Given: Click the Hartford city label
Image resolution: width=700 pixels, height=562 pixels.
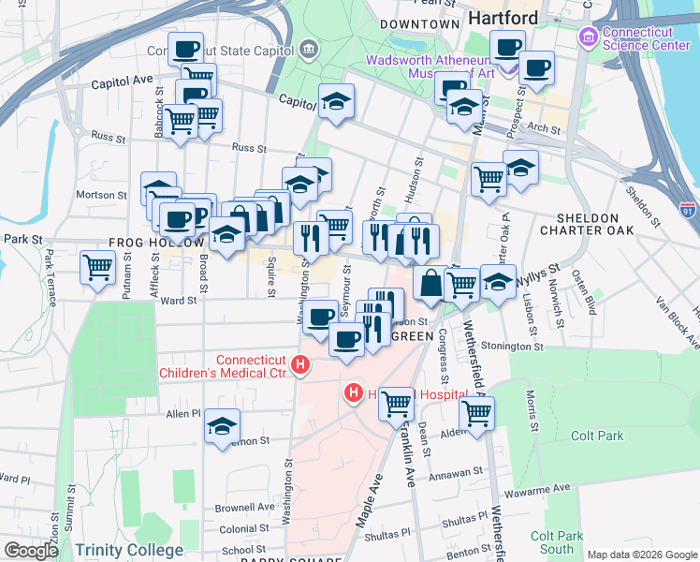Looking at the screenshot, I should point(503,19).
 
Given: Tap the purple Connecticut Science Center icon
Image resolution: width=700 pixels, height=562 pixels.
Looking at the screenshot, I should point(588,37).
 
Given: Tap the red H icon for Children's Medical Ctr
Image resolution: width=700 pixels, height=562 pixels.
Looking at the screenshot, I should point(300,365).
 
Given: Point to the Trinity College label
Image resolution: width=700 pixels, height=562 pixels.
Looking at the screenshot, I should point(129,550).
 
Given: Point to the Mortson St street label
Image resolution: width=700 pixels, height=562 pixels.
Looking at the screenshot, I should point(101,195).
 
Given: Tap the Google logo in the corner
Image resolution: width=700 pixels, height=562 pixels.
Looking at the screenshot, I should point(32,550).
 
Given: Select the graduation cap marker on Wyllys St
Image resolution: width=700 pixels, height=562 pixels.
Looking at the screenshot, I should point(498,281).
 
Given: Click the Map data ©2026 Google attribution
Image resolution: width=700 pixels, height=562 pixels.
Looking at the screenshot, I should point(641,555).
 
